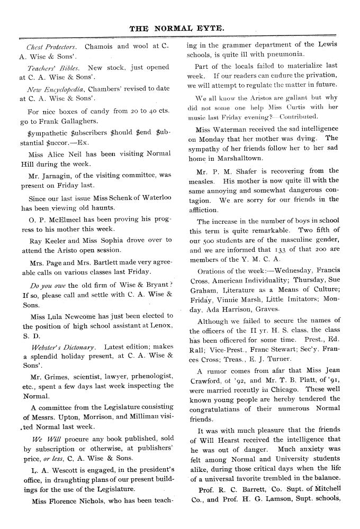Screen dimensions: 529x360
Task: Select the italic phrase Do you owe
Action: pos(48,285)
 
